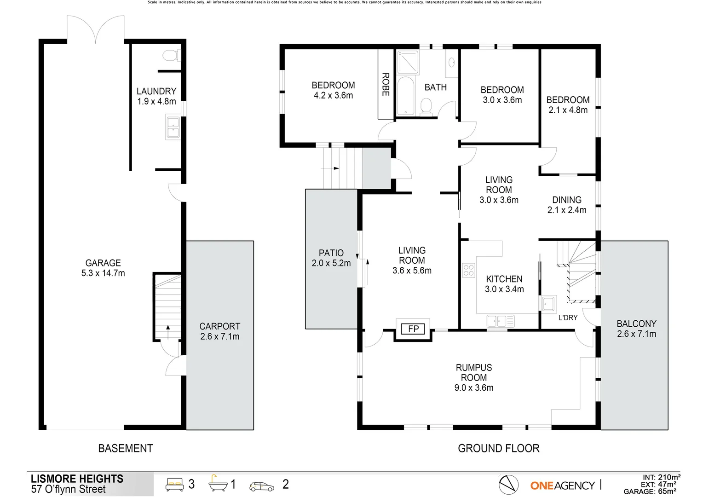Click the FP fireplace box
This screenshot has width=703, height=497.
(x=413, y=329)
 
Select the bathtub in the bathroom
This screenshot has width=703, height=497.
(x=405, y=96)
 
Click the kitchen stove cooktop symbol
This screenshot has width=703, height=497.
(x=468, y=270)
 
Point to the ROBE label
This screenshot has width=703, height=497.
(x=386, y=85)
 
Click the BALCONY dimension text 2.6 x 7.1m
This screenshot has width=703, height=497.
(x=637, y=334)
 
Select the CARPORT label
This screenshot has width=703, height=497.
(x=219, y=326)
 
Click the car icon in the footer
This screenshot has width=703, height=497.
(x=261, y=486)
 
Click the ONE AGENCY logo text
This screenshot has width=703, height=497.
(x=562, y=485)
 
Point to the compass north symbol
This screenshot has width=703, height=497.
(x=508, y=485)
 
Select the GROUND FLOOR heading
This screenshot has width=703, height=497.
(x=498, y=448)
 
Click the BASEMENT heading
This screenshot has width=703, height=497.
(x=126, y=448)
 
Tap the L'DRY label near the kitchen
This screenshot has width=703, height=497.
(x=568, y=318)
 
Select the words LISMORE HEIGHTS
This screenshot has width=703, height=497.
(x=77, y=479)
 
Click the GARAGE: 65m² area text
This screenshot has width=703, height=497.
(x=650, y=491)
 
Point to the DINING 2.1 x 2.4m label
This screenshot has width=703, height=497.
(x=567, y=205)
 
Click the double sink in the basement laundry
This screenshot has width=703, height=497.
(x=173, y=127)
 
